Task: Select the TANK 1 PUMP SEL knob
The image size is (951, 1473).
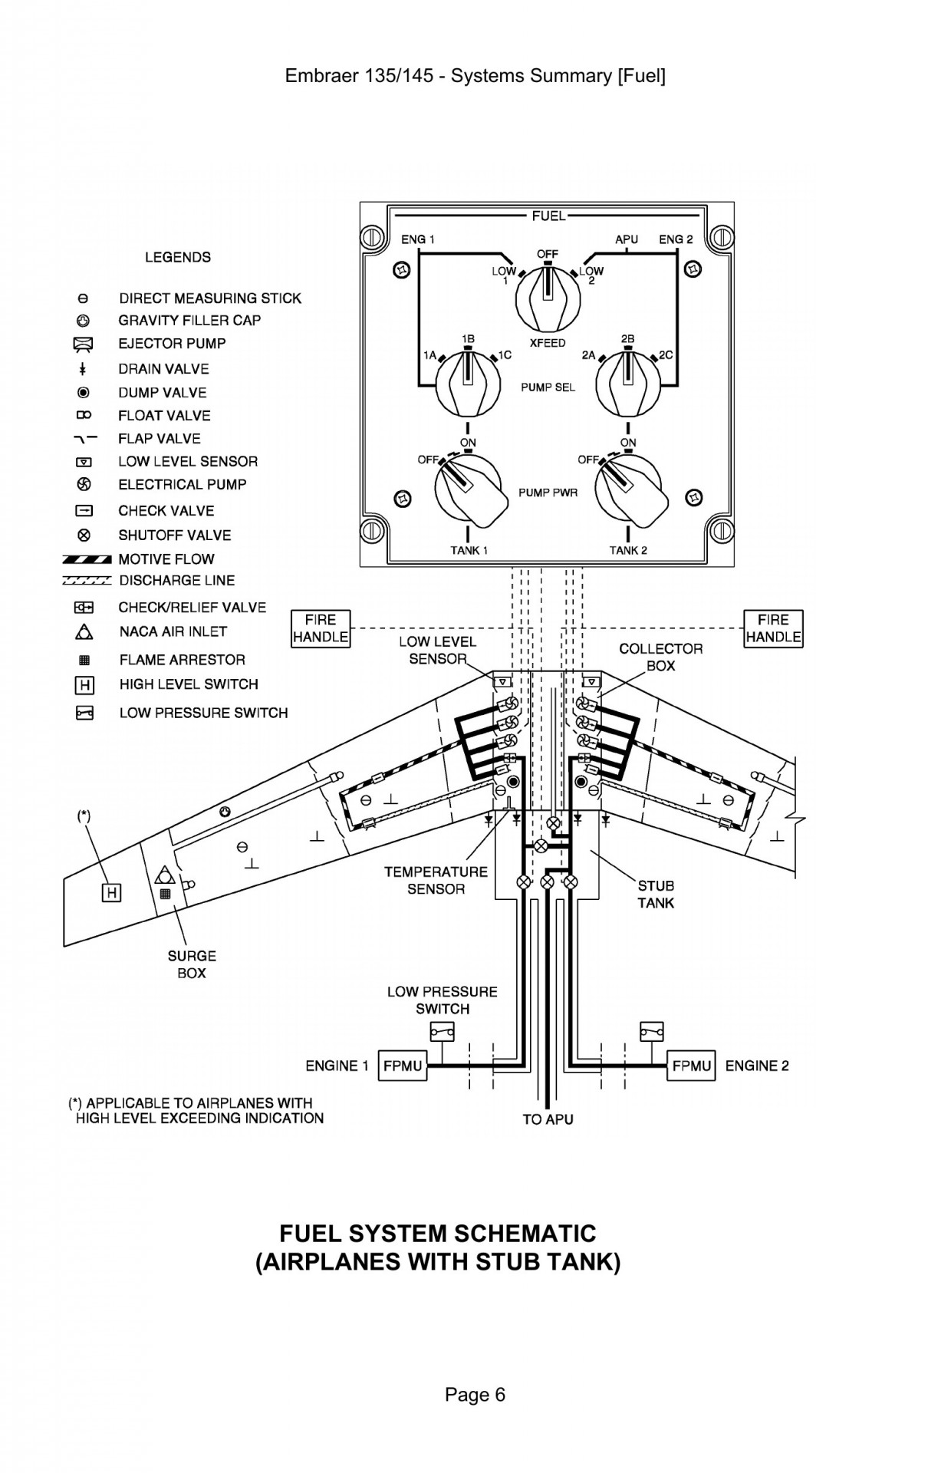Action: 467,384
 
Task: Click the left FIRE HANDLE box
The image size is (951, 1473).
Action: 321,628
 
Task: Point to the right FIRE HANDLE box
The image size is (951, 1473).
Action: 773,628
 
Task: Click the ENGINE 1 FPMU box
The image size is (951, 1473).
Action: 403,1066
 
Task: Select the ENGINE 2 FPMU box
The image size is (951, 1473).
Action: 691,1066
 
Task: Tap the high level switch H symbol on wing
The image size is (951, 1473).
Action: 112,892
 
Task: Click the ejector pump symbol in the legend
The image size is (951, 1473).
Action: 84,344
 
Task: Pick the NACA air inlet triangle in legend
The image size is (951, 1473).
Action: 84,632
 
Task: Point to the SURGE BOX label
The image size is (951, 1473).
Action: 192,964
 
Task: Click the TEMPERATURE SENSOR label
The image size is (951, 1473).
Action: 436,880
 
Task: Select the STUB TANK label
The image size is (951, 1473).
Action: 656,895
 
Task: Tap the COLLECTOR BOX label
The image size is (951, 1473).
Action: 660,657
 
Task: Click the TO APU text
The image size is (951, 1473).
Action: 548,1119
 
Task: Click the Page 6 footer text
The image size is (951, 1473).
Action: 475,1395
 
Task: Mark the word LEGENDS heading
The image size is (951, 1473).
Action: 178,257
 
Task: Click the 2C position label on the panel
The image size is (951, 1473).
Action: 666,355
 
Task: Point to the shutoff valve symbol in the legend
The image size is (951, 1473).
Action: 84,535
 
